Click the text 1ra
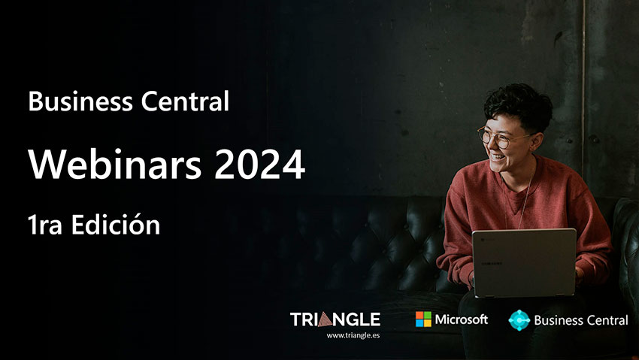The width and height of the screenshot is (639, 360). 47,225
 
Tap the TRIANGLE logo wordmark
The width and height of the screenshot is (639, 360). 335,319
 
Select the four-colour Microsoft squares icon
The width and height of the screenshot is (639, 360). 423,319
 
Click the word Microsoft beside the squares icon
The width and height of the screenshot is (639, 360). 461,319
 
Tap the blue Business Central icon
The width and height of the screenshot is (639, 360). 519,319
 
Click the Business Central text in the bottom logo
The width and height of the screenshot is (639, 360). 580,320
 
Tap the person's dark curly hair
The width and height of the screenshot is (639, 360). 519,102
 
